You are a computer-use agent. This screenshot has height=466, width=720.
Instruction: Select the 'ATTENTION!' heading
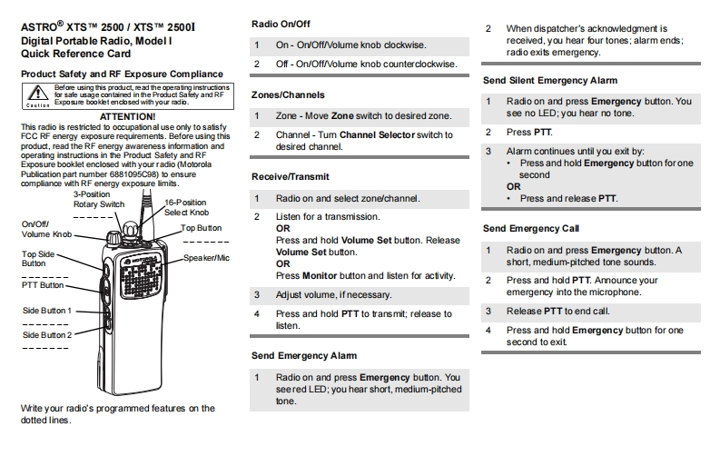127,116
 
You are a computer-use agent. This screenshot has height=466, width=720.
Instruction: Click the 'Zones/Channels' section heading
288,94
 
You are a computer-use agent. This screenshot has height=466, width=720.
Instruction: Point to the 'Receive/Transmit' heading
291,176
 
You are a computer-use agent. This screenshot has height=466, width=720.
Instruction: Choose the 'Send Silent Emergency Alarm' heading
550,81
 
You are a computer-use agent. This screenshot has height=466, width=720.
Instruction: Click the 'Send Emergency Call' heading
531,229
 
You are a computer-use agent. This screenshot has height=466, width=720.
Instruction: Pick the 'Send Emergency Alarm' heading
304,355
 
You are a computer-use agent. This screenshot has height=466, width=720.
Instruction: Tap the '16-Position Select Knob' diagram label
186,207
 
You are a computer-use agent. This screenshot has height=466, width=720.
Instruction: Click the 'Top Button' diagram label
202,228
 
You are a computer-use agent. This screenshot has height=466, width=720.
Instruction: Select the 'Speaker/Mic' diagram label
207,258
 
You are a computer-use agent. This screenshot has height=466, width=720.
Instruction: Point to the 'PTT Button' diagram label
44,285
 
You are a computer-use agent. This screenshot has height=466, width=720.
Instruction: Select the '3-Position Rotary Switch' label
98,200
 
